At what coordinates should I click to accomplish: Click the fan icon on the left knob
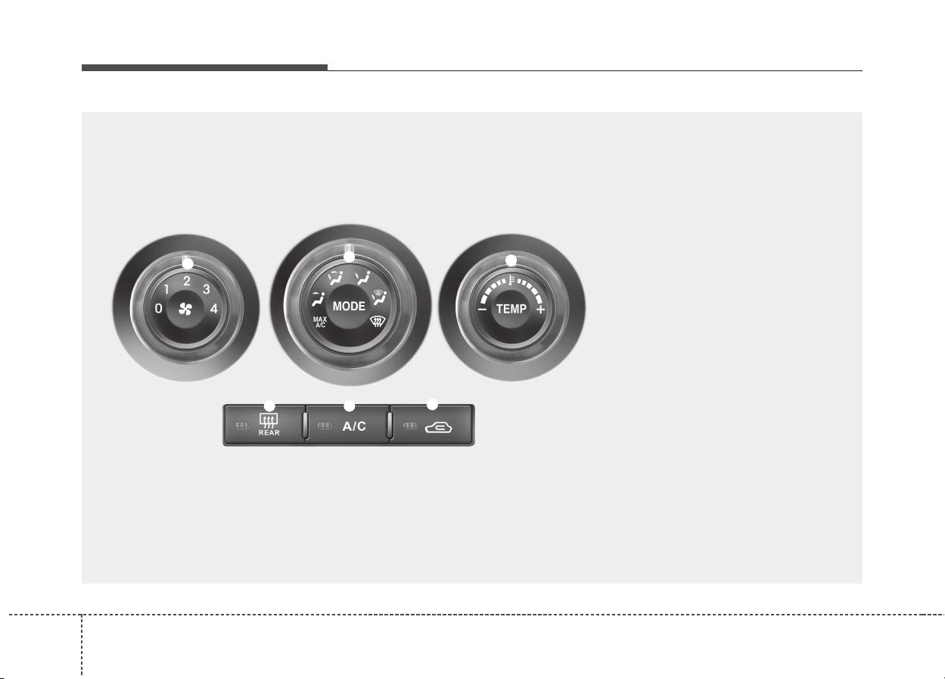185,310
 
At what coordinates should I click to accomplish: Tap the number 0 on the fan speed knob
159,309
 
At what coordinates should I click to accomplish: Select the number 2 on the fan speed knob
186,281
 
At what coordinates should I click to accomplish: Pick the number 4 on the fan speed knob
214,309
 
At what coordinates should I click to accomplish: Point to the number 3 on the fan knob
206,289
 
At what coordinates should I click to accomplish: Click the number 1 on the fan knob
166,289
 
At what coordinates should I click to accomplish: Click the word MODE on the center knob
349,306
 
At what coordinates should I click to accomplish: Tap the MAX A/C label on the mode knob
320,322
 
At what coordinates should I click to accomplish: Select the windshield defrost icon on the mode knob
378,322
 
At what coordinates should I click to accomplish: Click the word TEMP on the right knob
511,309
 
